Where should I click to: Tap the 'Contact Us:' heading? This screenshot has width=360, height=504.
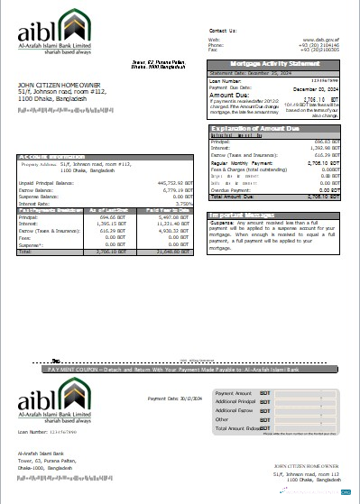221,30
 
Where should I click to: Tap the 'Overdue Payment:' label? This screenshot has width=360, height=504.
228,190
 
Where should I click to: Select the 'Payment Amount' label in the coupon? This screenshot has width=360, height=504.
234,393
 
